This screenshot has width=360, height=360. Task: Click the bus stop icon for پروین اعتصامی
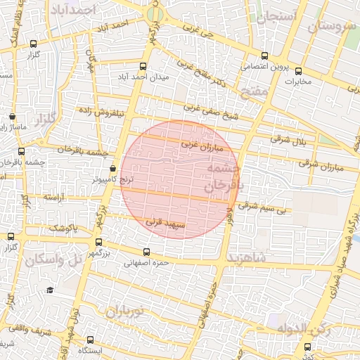click(x=264, y=56)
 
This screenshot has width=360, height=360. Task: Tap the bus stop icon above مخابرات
click(x=298, y=70)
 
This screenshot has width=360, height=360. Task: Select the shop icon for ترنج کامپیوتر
click(x=113, y=169)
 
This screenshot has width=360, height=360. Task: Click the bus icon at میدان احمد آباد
click(x=144, y=67)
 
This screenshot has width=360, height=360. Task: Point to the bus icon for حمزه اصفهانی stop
click(x=146, y=252)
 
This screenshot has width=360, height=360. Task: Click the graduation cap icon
click(x=50, y=290)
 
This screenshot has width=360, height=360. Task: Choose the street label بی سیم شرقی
click(x=263, y=207)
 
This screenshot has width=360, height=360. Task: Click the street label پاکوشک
click(x=63, y=229)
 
